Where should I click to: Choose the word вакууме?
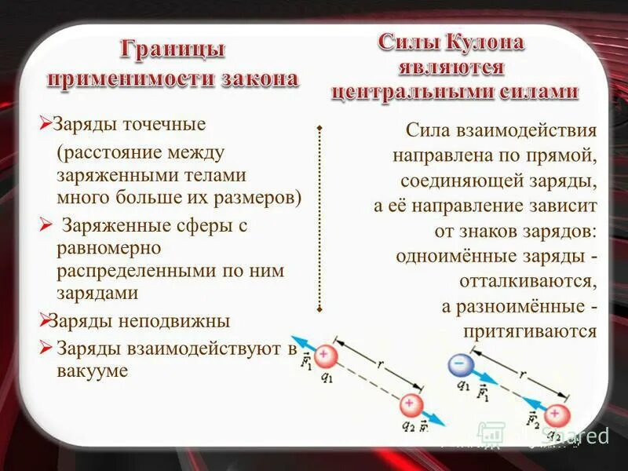coord(92,371)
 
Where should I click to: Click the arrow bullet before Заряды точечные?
coord(46,123)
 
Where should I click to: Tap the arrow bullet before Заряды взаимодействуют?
coord(46,347)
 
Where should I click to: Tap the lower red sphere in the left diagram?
coord(408,405)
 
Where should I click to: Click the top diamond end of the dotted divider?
coord(320,126)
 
